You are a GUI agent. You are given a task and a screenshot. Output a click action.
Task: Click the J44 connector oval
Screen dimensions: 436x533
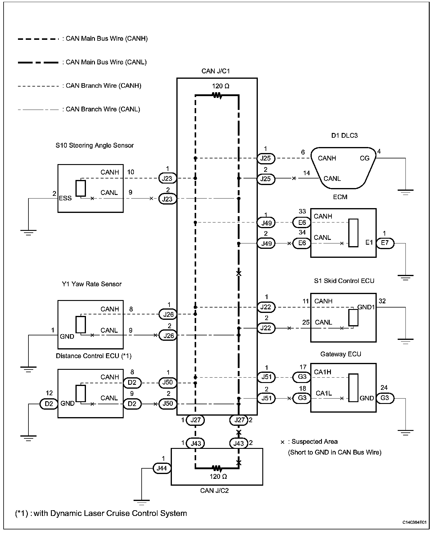tap(162, 468)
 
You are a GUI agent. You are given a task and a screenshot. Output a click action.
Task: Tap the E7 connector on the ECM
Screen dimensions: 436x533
tap(385, 243)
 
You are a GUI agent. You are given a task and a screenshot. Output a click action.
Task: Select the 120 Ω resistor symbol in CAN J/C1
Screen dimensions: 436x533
tap(217, 96)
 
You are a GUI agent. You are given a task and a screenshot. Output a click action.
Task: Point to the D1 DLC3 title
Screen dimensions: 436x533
tap(344, 135)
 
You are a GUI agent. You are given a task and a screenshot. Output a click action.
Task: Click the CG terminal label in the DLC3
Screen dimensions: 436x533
tap(364, 158)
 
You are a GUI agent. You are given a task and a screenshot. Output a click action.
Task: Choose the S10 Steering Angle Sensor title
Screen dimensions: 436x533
tap(95, 146)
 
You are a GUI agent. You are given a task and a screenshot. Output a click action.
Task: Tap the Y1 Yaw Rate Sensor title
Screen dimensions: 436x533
tap(92, 284)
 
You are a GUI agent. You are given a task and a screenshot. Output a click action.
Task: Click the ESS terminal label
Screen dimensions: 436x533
tap(65, 198)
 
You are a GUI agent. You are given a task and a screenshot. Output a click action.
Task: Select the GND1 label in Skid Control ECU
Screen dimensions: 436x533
tap(366, 307)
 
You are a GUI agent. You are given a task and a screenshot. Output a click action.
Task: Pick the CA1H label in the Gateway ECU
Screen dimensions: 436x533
tap(323, 372)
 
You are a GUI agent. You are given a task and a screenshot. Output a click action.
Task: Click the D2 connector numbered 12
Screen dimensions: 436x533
tap(49, 404)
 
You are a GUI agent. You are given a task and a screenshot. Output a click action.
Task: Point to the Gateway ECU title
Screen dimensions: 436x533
tap(341, 354)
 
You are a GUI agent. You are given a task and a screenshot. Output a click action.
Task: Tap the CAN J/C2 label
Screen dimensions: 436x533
tap(214, 490)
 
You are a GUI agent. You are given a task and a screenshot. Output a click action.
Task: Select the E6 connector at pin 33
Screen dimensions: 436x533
tap(302, 222)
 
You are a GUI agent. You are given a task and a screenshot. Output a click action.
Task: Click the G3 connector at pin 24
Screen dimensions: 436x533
tap(385, 398)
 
